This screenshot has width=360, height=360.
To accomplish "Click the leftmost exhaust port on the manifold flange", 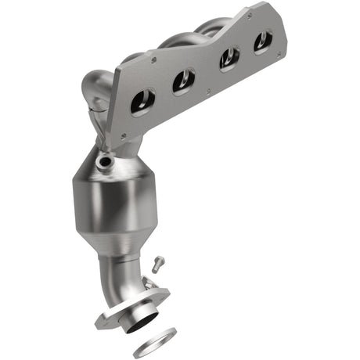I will pyautogui.click(x=143, y=102).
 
